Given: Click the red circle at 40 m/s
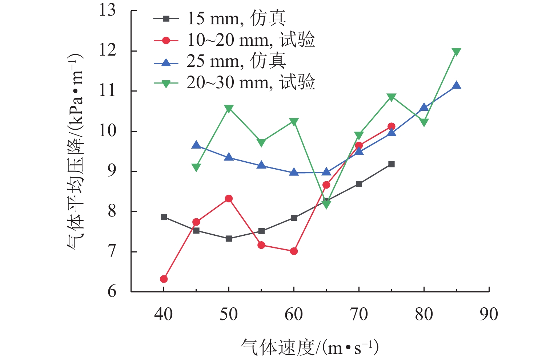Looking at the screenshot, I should pos(164,279).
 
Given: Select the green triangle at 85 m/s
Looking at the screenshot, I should pos(457,52).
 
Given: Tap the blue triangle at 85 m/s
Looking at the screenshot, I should pos(457,85).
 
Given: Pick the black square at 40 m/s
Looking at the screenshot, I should pos(164,217).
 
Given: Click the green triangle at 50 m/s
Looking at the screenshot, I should pos(229,109).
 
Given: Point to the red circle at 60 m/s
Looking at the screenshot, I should pos(294,251).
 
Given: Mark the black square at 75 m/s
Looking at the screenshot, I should pos(391,164).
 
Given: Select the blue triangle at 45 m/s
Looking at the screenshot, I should pos(196,145).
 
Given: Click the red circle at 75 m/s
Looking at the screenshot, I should pos(391,126).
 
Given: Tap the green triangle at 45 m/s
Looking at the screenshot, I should pos(196,167).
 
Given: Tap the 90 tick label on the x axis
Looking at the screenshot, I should pos(489,315).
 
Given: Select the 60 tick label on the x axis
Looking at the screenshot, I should pos(294,315).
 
